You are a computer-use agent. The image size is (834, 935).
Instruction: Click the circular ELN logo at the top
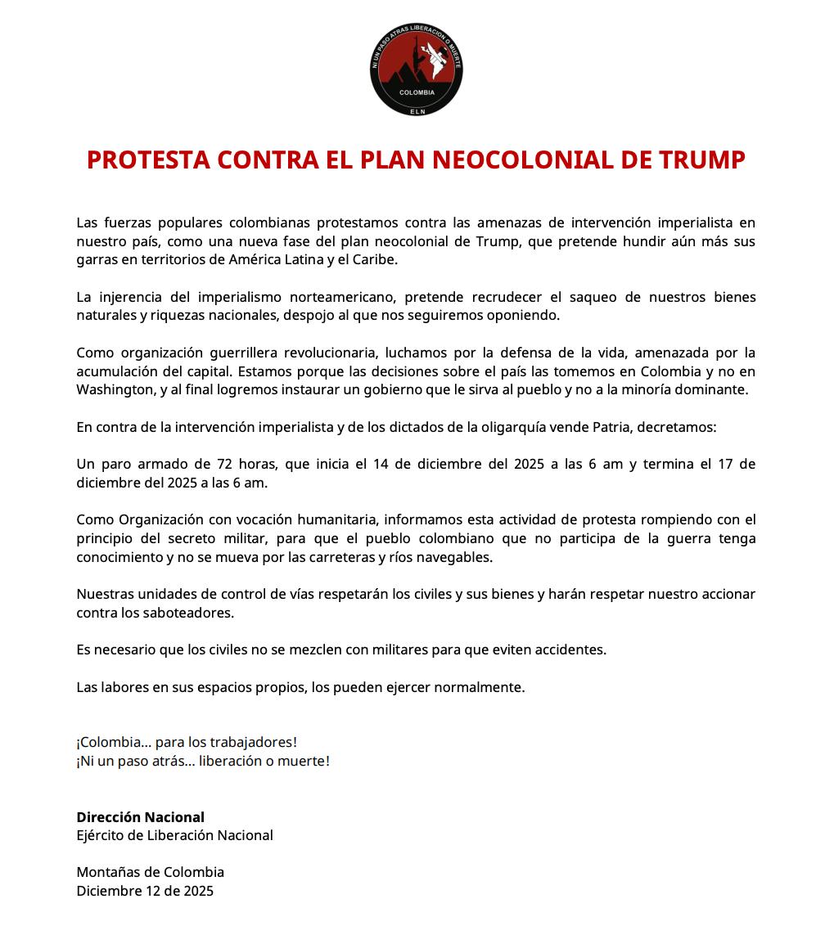[416, 70]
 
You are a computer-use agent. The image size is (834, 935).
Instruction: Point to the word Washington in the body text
[115, 390]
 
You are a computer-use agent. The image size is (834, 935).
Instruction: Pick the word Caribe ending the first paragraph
[374, 259]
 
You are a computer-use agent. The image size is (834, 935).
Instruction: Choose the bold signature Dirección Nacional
[140, 817]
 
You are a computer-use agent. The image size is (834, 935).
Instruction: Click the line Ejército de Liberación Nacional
[174, 835]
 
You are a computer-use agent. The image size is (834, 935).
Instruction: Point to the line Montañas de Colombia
[150, 872]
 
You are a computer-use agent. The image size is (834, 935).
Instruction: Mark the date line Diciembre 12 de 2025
[145, 891]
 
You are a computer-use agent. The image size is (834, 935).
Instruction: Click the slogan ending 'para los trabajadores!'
[186, 742]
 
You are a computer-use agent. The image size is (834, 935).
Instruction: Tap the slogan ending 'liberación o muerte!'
[202, 761]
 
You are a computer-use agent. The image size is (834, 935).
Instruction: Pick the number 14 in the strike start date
[380, 464]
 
